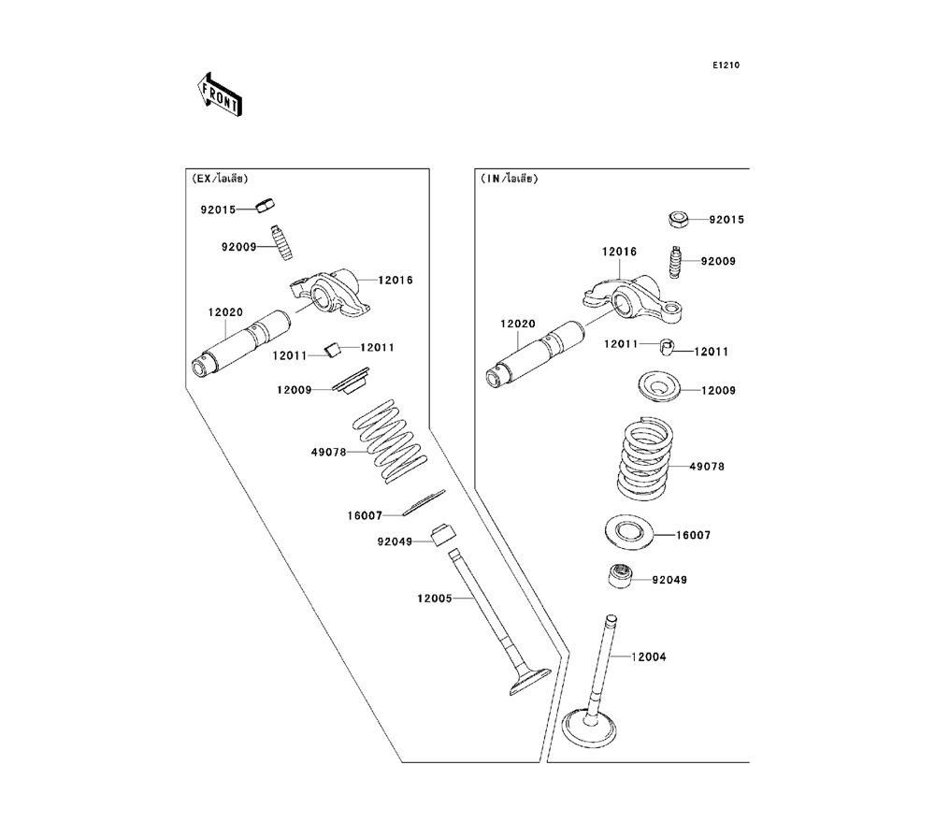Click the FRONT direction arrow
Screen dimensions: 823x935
click(x=219, y=94)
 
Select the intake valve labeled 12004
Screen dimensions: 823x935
click(x=603, y=692)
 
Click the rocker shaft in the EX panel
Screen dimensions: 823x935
click(x=244, y=340)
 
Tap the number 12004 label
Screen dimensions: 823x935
click(x=649, y=657)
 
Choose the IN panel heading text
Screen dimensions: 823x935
click(x=511, y=178)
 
